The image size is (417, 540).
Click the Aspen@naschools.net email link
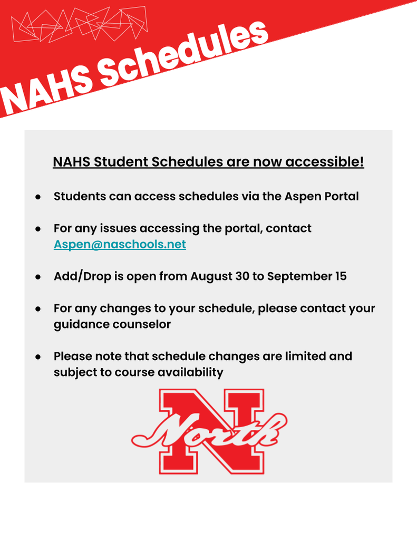pos(120,244)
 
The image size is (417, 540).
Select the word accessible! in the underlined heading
pos(325,161)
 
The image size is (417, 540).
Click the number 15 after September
pos(340,276)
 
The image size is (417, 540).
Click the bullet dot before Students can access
pos(38,197)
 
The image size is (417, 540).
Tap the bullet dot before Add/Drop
pos(38,277)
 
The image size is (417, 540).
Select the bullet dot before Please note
pos(38,357)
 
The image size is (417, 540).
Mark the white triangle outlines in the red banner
pos(80,24)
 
